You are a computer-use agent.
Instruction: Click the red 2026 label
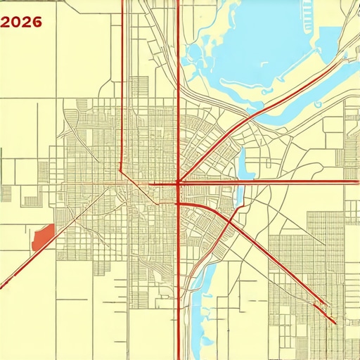coord(22,22)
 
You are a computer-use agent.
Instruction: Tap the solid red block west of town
coord(43,236)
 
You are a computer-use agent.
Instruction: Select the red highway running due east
coord(281,181)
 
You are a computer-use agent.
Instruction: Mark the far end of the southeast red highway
coord(335,323)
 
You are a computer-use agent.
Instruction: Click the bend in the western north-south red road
coord(122,169)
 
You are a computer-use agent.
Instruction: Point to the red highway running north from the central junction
coord(178,84)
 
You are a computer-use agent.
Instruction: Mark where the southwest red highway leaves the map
coord(1,288)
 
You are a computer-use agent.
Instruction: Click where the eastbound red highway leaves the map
coord(358,181)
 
